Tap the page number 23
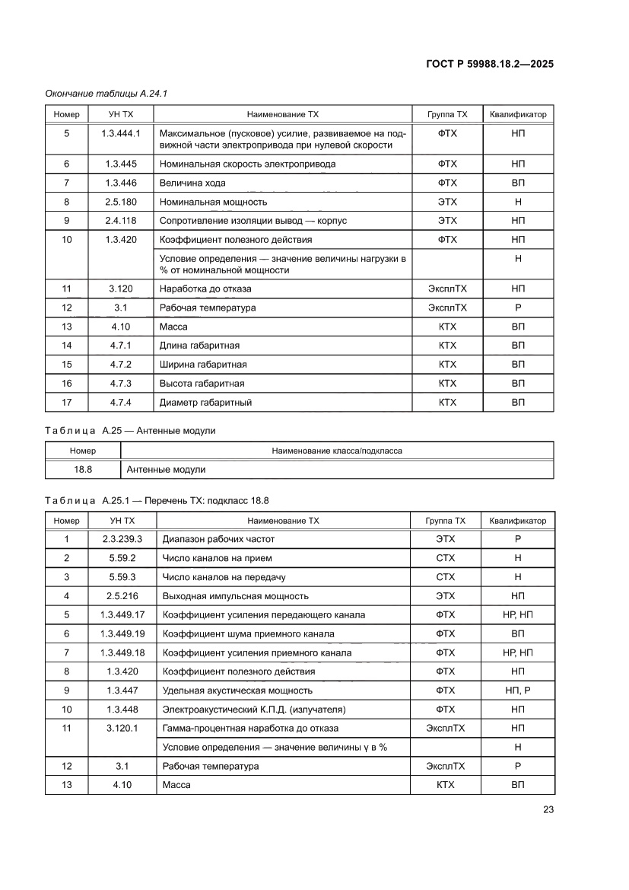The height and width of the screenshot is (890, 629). [x=548, y=809]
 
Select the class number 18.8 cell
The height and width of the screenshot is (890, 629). [x=83, y=470]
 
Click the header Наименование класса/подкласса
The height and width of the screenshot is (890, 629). [x=337, y=451]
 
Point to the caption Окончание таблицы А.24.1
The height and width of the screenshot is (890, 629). [x=106, y=94]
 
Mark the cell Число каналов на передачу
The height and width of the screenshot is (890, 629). [x=224, y=577]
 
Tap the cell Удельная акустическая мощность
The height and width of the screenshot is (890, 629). [x=237, y=691]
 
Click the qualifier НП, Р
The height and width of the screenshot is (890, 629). [x=517, y=691]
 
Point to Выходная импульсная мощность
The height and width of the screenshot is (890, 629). [x=236, y=596]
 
